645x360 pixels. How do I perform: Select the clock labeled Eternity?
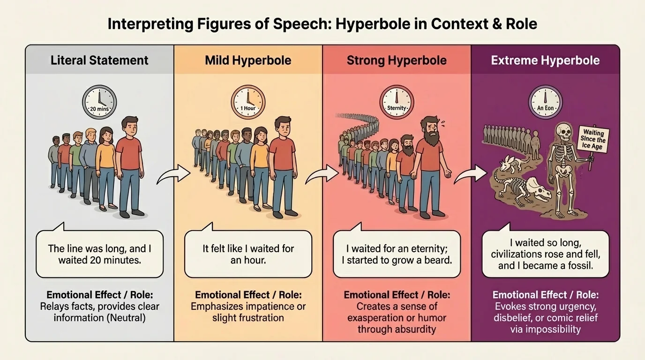[x=397, y=102]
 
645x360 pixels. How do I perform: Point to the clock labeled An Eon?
[x=545, y=102]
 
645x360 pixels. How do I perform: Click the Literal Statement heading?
[x=99, y=60]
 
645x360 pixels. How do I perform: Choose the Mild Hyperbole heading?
[x=248, y=60]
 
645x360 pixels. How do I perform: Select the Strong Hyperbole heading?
[x=397, y=60]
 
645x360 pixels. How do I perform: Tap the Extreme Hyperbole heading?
[x=545, y=60]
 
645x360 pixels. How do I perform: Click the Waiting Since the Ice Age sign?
[x=594, y=139]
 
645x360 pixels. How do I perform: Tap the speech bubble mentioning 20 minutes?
[x=99, y=254]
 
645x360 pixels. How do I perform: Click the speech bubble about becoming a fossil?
[x=546, y=254]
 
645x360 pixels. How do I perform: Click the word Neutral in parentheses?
[x=131, y=318]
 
